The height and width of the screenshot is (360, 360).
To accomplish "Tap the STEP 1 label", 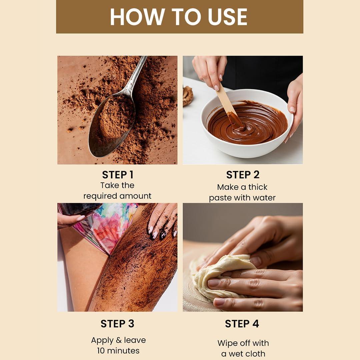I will [118, 175].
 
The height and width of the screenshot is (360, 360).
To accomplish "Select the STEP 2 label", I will [243, 175].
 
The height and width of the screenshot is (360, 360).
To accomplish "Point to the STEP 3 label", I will [117, 324].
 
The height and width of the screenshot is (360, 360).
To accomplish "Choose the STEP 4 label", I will [242, 324].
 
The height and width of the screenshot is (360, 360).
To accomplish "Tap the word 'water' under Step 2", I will [263, 198].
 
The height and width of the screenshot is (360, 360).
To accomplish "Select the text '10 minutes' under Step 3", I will [118, 351].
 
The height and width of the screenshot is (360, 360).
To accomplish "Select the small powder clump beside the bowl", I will [188, 96].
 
